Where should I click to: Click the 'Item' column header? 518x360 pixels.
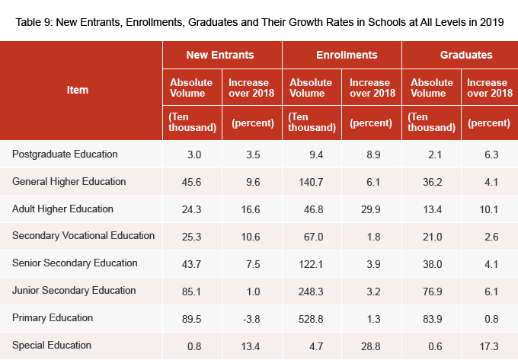(x=78, y=90)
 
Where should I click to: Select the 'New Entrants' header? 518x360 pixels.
(x=220, y=55)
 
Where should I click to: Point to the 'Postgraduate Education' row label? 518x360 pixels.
(x=65, y=155)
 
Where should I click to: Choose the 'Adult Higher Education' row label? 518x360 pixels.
(x=62, y=209)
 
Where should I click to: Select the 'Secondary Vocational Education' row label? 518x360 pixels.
(x=83, y=236)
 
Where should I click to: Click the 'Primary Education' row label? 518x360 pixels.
(x=53, y=317)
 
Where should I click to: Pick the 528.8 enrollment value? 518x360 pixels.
(x=312, y=318)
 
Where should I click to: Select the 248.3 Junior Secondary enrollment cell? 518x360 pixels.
(x=312, y=291)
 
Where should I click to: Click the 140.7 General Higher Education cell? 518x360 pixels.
(x=312, y=182)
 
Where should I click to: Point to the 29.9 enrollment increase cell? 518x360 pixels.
(x=373, y=209)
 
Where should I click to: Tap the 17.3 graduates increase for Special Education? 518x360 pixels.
(x=491, y=346)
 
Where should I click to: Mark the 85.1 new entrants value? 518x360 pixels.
(x=194, y=291)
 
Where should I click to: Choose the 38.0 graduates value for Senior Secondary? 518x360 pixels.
(x=433, y=263)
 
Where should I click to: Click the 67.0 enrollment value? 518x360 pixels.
(x=312, y=237)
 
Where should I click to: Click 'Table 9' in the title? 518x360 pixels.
(x=34, y=21)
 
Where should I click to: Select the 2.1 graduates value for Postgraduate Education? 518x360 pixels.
(x=433, y=155)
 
